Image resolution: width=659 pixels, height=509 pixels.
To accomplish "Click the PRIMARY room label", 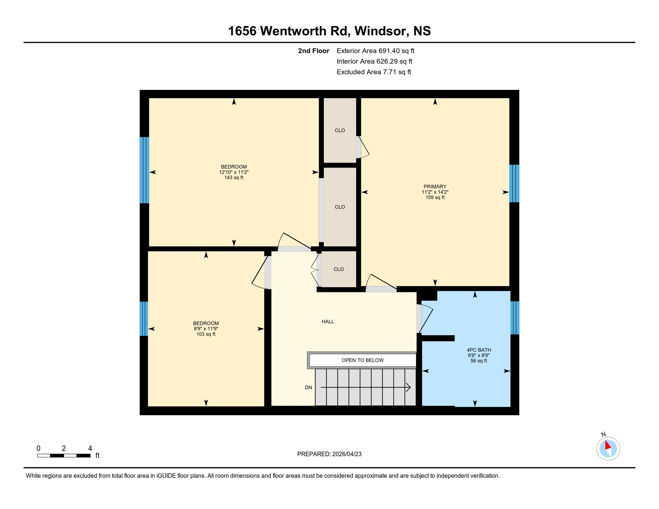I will pyautogui.click(x=435, y=187).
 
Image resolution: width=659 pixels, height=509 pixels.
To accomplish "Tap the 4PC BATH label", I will pyautogui.click(x=478, y=350).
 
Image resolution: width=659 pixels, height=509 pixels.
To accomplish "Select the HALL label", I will pyautogui.click(x=328, y=321).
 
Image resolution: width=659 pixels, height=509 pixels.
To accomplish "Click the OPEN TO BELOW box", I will pyautogui.click(x=362, y=360).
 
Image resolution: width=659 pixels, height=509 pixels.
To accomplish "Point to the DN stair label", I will pyautogui.click(x=308, y=387).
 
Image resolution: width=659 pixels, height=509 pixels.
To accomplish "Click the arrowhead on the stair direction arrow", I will pyautogui.click(x=409, y=387).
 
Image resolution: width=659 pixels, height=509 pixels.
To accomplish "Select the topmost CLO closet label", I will pyautogui.click(x=339, y=131).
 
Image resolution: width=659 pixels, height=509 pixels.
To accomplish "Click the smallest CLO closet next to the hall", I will pyautogui.click(x=338, y=269).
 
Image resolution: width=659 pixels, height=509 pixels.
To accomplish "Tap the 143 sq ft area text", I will pyautogui.click(x=234, y=178).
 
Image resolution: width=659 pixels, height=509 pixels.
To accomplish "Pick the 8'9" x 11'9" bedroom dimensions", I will pyautogui.click(x=206, y=329).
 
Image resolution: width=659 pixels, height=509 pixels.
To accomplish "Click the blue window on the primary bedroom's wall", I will pyautogui.click(x=514, y=183).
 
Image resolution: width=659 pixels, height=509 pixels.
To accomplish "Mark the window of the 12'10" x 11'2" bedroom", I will pyautogui.click(x=144, y=170).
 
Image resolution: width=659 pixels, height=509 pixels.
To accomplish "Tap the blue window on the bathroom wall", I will pyautogui.click(x=514, y=318).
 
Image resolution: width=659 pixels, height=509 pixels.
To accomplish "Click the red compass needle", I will pyautogui.click(x=607, y=445).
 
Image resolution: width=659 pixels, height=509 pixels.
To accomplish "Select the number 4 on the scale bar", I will pyautogui.click(x=90, y=448).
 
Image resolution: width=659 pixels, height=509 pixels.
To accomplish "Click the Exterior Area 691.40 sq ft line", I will pyautogui.click(x=375, y=51).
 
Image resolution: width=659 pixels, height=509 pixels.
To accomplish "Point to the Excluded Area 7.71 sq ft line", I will pyautogui.click(x=374, y=72).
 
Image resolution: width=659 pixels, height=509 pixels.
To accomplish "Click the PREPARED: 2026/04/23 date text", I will pyautogui.click(x=329, y=454).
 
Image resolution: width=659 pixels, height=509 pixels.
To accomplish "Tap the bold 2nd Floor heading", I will pyautogui.click(x=313, y=51).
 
